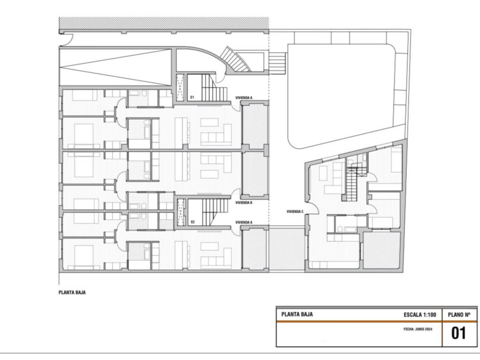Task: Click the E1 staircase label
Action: pos(192,97)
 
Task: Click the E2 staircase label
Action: pos(193,222)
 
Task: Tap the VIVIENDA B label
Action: pos(244,202)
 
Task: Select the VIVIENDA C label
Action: pos(295,211)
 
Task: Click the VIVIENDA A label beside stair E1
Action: pos(244,98)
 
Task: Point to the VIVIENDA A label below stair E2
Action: pos(244,222)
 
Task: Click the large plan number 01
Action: pos(459,333)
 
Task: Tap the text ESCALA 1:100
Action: pos(420,315)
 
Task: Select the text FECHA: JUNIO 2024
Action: pos(418,329)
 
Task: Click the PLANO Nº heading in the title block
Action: pos(459,315)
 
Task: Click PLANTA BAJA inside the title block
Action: pos(297,314)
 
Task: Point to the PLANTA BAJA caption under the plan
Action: pos(72,292)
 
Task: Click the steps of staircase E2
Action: pos(215,212)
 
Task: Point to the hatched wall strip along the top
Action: pos(164,23)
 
